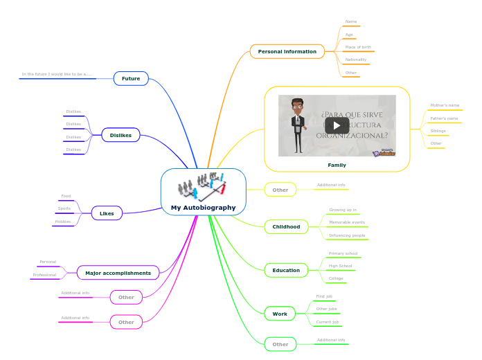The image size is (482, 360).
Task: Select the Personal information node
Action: point(287,51)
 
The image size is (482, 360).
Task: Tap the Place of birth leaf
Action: point(358,47)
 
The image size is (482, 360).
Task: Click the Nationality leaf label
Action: point(356,60)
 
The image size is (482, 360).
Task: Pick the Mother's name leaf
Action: point(445,105)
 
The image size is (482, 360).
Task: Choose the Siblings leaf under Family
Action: point(438,131)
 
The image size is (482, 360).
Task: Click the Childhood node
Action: point(286,226)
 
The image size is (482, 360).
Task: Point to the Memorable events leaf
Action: point(347,222)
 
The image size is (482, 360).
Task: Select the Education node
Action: point(286,271)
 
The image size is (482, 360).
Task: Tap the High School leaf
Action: point(340,266)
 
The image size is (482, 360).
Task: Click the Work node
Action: point(280,314)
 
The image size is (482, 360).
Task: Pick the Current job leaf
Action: point(328,322)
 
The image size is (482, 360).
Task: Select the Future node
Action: point(131,78)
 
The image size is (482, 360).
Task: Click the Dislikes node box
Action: point(120,135)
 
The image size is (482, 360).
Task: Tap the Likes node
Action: point(107,213)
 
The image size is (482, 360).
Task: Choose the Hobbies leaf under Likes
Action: point(63,222)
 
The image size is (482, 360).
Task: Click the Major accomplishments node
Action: point(118,273)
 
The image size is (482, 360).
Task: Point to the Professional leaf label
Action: point(44,275)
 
